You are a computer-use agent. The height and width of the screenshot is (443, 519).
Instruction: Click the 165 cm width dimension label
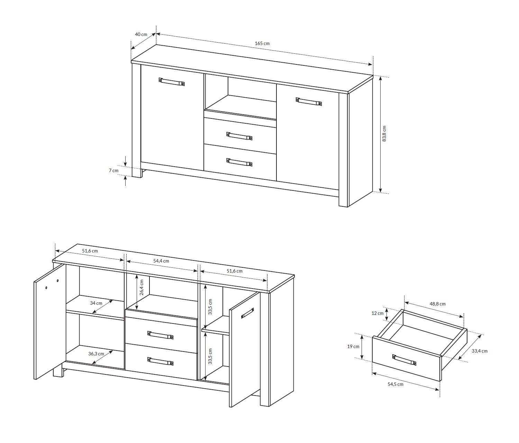262,43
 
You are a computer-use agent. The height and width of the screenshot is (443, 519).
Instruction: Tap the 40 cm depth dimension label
141,34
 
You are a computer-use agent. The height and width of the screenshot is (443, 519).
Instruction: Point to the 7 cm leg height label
113,170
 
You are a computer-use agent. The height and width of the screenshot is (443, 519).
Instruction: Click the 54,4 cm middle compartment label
161,261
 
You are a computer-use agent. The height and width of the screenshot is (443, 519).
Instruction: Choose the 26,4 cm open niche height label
142,287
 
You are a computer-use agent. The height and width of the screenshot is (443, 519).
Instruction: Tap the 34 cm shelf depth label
96,303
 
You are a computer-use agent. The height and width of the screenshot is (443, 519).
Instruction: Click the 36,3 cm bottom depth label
96,354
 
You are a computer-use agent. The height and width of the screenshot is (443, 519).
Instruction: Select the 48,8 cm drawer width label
438,304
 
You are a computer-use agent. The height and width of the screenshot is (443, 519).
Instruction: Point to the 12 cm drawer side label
377,313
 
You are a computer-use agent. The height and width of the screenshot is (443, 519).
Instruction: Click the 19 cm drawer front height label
353,346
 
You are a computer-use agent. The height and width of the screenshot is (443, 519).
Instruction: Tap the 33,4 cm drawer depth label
480,351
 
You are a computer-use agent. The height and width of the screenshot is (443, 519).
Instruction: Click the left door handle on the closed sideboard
172,81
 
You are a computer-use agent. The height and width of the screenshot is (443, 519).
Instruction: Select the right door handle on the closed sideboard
309,101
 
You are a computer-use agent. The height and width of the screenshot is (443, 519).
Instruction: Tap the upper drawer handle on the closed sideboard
239,136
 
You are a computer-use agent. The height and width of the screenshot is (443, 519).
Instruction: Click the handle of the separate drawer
404,360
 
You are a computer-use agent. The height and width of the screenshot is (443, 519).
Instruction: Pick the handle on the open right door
248,313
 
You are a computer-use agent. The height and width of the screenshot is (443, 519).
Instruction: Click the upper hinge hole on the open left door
58,280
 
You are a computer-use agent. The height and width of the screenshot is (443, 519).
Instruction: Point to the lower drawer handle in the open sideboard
160,361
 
